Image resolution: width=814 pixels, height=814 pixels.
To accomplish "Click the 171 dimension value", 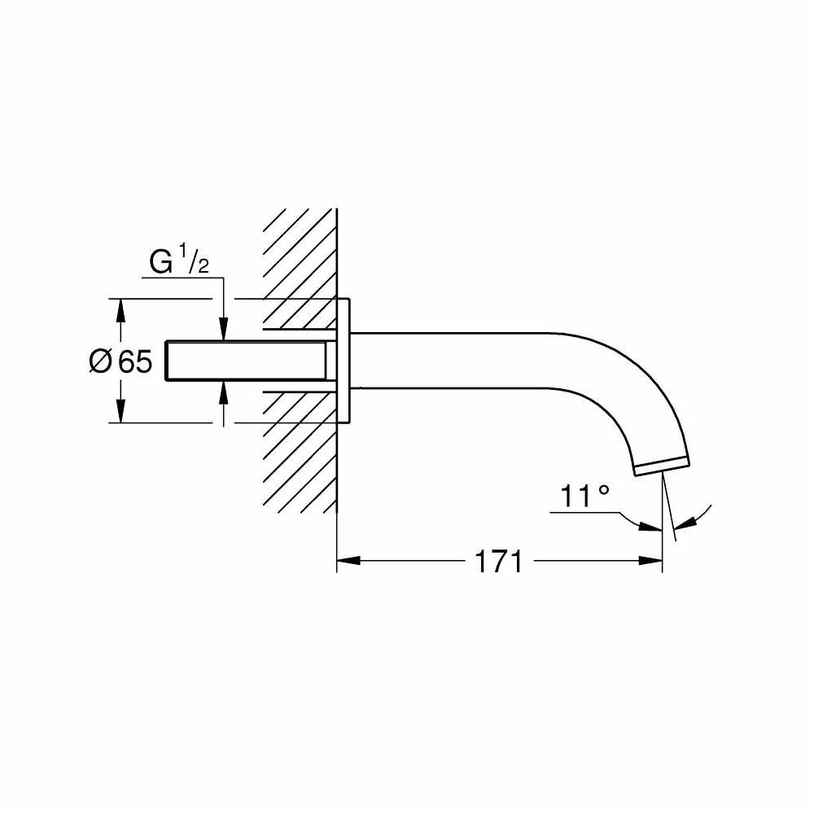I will tap(497, 561).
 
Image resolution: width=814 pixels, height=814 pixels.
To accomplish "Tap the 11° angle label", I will tap(584, 497).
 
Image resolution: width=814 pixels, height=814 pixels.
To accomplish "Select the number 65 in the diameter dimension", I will tap(135, 361).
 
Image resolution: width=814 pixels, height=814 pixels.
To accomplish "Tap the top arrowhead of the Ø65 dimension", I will tap(121, 309).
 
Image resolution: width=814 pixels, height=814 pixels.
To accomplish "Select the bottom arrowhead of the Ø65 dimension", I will tap(121, 413).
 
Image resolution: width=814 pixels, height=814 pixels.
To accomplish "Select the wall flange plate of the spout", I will tap(345, 361).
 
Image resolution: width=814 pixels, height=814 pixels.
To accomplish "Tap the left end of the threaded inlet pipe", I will tap(168, 361).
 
